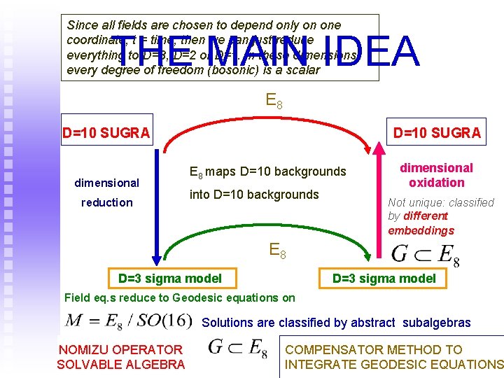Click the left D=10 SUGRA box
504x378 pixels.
pos(106,132)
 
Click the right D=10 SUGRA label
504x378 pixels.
pos(437,132)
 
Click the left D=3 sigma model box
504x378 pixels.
pos(170,279)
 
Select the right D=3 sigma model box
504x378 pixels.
pos(384,279)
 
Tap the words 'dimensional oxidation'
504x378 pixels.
pos(437,175)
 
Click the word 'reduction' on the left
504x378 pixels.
pos(106,202)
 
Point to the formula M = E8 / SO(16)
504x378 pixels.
pos(128,321)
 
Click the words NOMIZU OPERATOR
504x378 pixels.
pos(120,349)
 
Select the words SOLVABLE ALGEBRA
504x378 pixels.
pos(120,364)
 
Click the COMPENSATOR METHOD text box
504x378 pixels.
pos(393,356)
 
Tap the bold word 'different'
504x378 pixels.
pos(427,216)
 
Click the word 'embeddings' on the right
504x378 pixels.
pos(421,230)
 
